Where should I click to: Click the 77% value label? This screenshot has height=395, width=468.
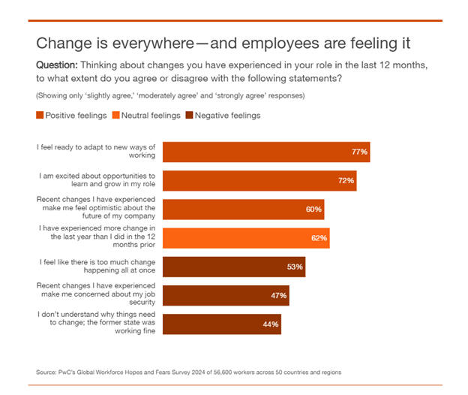coord(359,152)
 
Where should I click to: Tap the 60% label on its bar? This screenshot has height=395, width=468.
coord(313,210)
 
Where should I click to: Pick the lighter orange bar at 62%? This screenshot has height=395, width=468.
coord(245,238)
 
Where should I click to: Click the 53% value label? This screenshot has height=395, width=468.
coord(295,267)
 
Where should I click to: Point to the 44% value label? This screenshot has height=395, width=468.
coord(271,324)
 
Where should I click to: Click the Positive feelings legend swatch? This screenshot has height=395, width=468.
coord(40,116)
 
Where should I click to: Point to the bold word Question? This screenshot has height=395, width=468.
coord(58,65)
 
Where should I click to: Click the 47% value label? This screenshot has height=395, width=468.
coord(278,295)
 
